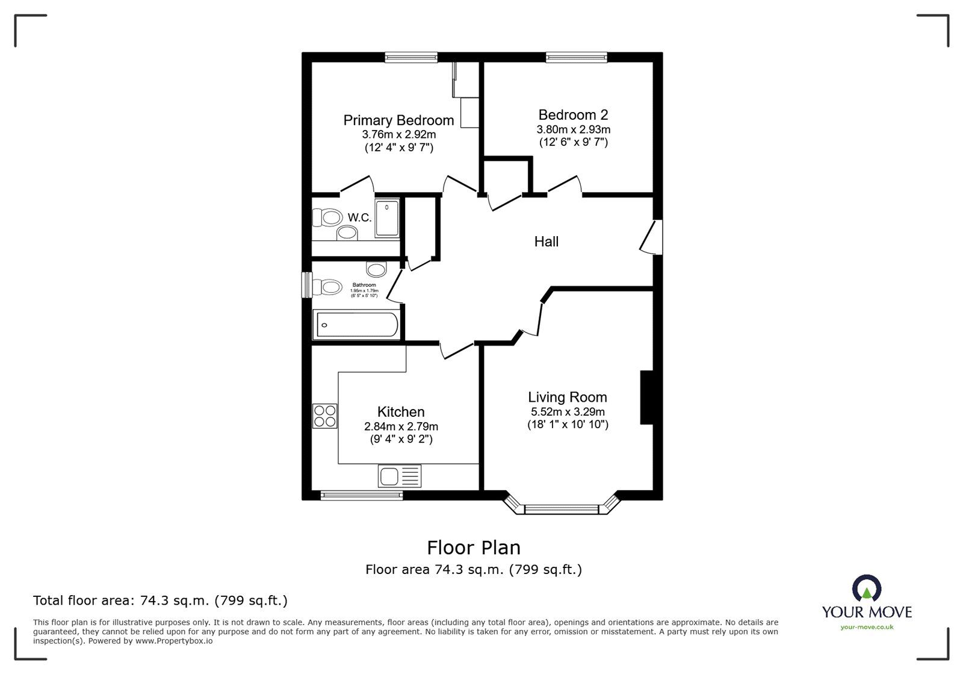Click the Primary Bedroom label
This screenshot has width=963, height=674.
point(398,120)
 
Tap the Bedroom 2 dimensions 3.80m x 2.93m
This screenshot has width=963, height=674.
point(573,129)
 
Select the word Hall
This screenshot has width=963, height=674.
point(547,242)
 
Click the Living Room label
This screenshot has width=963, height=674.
point(568,397)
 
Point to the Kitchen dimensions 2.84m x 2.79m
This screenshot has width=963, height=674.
point(401,426)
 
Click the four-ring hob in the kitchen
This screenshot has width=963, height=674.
point(325,416)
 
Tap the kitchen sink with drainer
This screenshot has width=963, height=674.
point(400,476)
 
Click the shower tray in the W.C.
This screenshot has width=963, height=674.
point(387,218)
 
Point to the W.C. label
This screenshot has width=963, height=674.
point(359,217)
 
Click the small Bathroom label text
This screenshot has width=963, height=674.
point(364,285)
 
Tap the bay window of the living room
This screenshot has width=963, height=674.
point(562,509)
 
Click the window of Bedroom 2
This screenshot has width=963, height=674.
point(577,57)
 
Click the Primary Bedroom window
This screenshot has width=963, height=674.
point(411,57)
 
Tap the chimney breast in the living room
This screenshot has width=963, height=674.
point(647,398)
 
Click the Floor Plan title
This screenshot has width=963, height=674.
point(474,548)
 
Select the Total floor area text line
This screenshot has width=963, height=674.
point(160,601)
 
